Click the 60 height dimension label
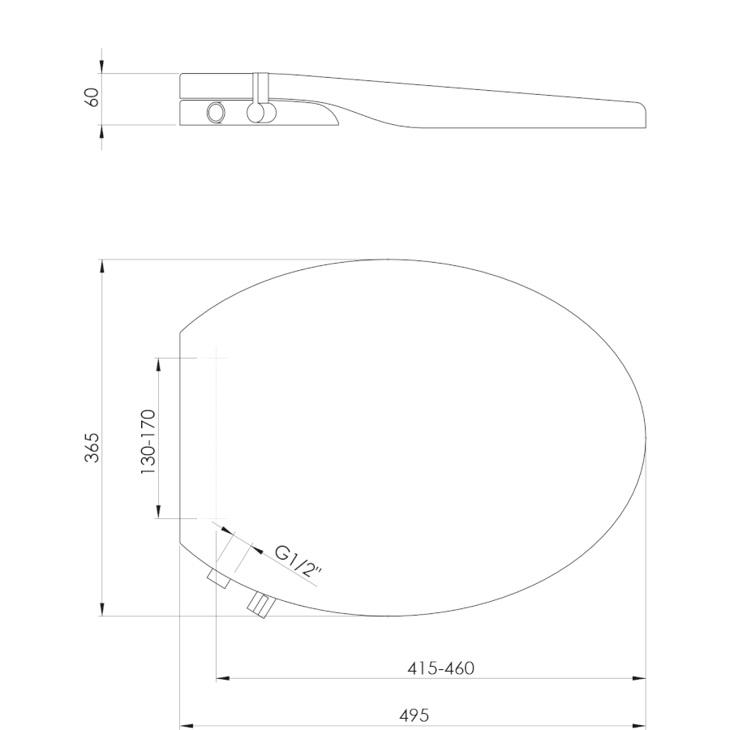click(x=93, y=97)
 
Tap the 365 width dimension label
click(x=92, y=448)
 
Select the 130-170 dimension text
click(x=148, y=442)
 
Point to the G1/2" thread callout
click(x=298, y=562)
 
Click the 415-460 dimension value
click(x=441, y=668)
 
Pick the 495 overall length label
click(x=414, y=715)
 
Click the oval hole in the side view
click(x=216, y=113)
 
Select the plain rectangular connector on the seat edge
click(x=219, y=578)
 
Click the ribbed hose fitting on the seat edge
click(x=261, y=605)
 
